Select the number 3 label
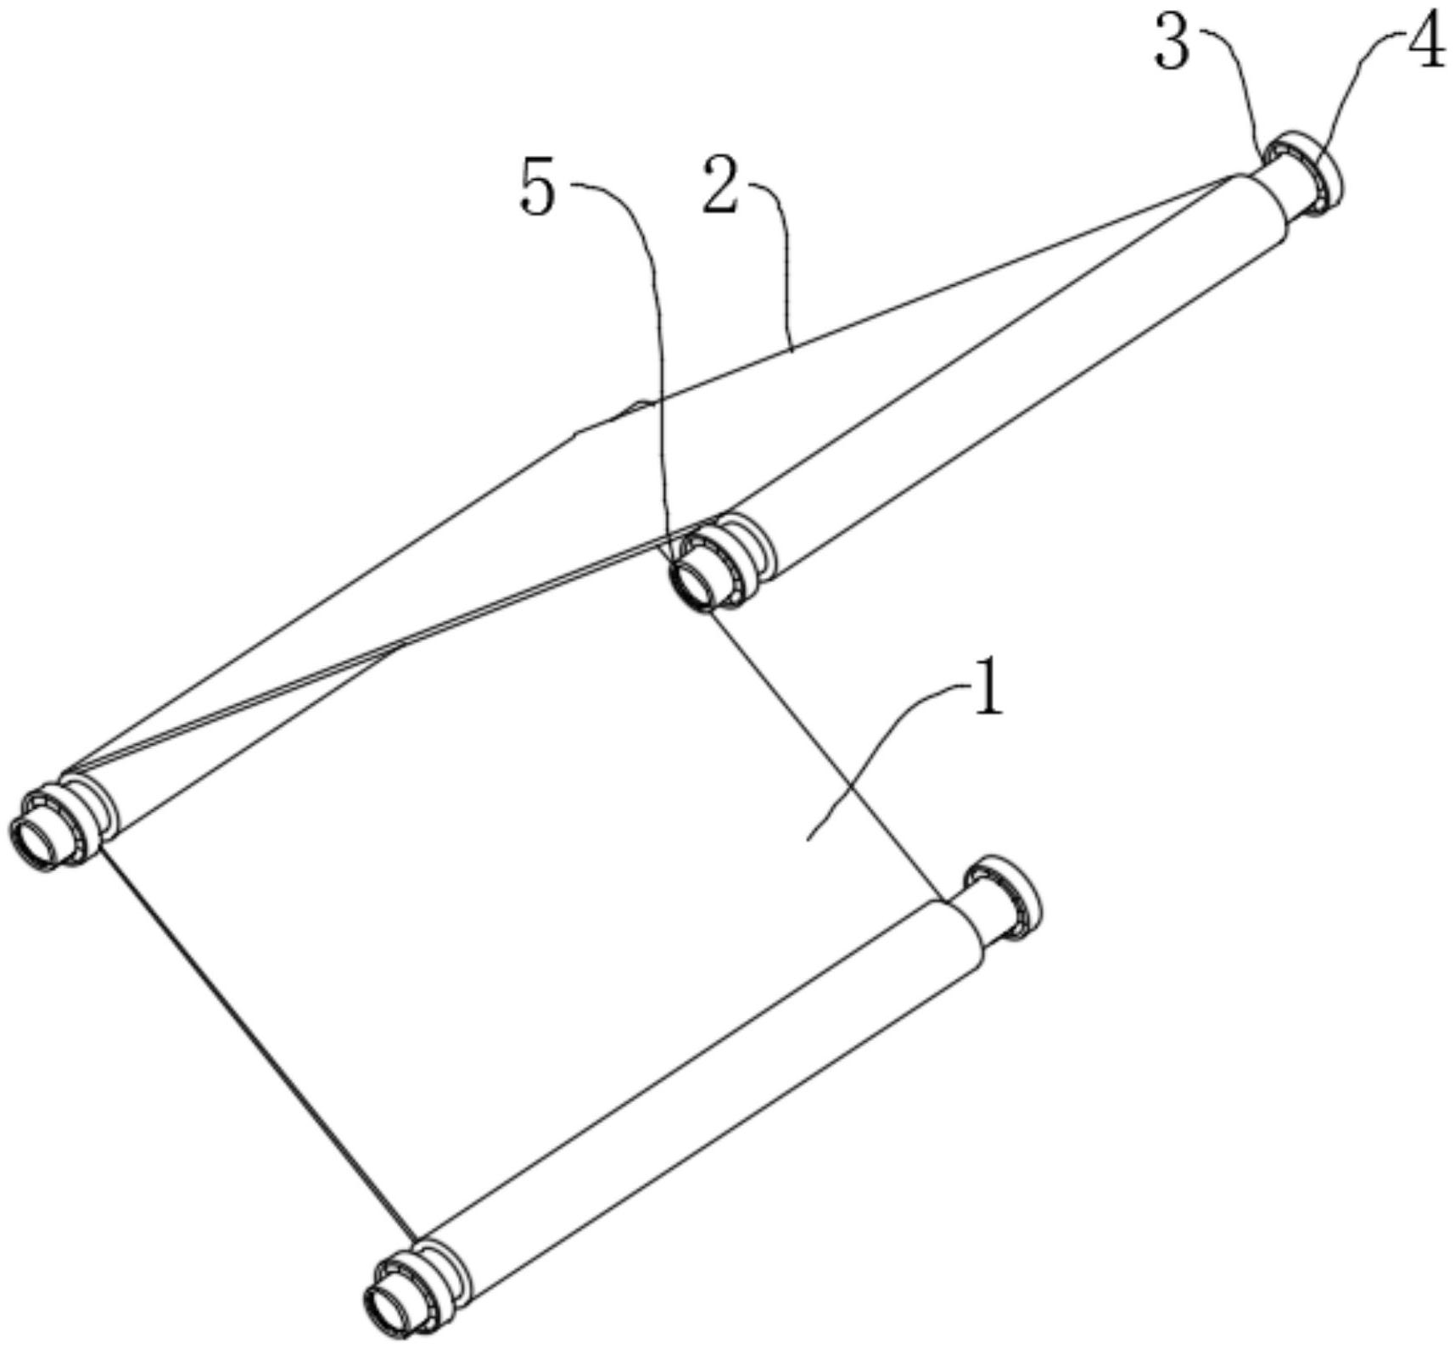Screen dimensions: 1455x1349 (x=1172, y=42)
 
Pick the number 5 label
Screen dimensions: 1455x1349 (x=539, y=187)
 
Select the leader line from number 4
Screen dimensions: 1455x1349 (x=1357, y=93)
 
